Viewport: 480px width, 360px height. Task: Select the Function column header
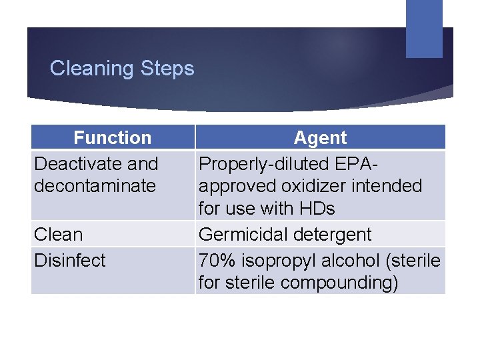(113, 138)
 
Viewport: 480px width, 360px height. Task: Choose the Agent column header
(320, 138)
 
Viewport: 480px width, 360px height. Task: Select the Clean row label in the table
(59, 235)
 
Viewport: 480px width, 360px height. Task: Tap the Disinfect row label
(69, 260)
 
